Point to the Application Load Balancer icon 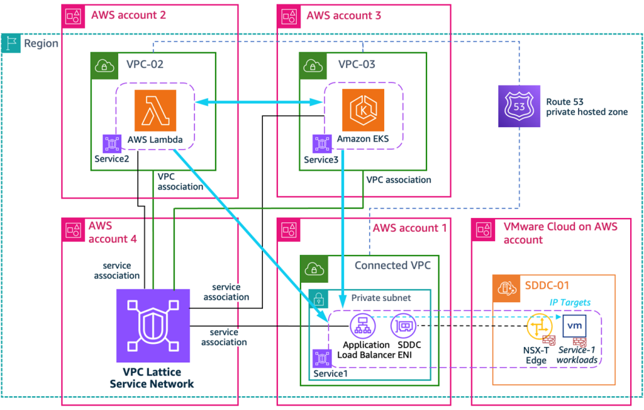coord(363,326)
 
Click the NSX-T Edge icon coord(537,328)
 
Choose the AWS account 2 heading coord(128,15)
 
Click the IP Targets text coord(570,302)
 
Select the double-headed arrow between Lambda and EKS coord(258,101)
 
